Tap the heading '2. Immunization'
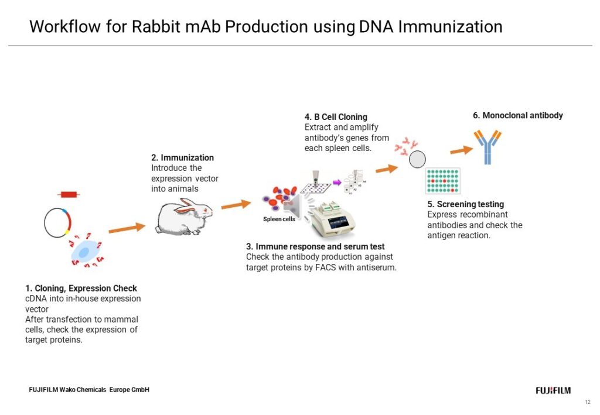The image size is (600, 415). (x=183, y=157)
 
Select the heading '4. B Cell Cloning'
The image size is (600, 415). (x=336, y=117)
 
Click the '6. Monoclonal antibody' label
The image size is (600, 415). (x=518, y=115)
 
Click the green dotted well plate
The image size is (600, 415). (x=443, y=181)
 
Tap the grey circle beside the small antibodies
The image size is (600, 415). (x=417, y=159)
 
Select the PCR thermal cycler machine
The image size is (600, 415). (x=332, y=219)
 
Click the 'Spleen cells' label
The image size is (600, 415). (x=279, y=219)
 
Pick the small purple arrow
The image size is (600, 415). (x=337, y=182)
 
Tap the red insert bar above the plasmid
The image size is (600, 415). (x=69, y=194)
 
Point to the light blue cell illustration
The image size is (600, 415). (x=85, y=252)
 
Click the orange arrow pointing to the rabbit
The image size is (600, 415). (x=127, y=228)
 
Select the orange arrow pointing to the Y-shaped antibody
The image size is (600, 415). (x=462, y=150)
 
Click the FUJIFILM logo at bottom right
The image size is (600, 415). (x=553, y=390)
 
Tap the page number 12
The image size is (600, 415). (x=588, y=402)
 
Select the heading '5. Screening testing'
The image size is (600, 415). (x=466, y=204)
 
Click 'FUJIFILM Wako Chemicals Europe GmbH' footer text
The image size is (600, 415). (x=89, y=390)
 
